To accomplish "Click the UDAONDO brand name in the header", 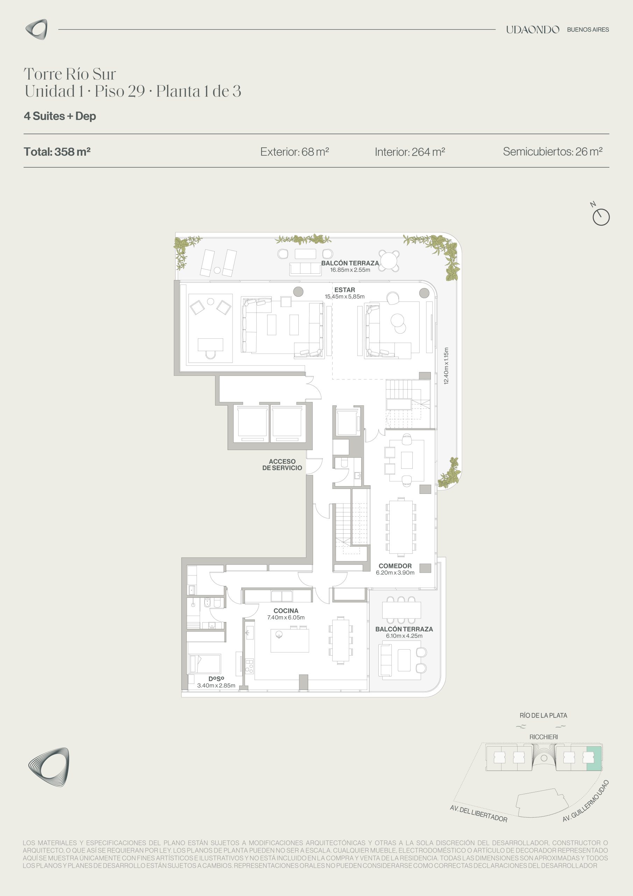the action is pyautogui.click(x=532, y=30).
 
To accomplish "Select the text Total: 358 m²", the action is pyautogui.click(x=57, y=152).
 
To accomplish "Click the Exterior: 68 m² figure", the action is pyautogui.click(x=294, y=152).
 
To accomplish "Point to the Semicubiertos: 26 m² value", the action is pyautogui.click(x=553, y=152).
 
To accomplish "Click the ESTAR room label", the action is pyautogui.click(x=345, y=290).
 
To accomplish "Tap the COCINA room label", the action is pyautogui.click(x=286, y=611).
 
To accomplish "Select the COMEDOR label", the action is pyautogui.click(x=395, y=566).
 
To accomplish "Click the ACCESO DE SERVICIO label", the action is pyautogui.click(x=282, y=464).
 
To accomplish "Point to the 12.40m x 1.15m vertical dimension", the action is pyautogui.click(x=446, y=366).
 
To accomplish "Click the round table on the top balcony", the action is pyautogui.click(x=389, y=260).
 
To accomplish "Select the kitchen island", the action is pyautogui.click(x=290, y=640).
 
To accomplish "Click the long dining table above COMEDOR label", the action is pyautogui.click(x=401, y=526).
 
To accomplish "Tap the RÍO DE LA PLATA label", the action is pyautogui.click(x=543, y=715).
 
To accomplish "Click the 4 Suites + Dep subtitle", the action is pyautogui.click(x=60, y=116).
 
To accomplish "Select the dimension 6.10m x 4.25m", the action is pyautogui.click(x=404, y=636).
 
